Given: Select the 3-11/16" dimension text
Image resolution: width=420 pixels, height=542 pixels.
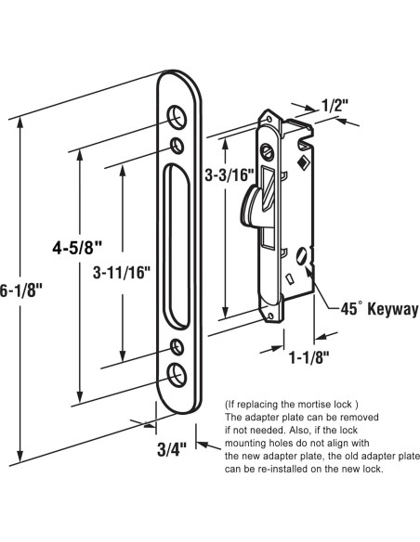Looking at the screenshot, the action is (122, 272).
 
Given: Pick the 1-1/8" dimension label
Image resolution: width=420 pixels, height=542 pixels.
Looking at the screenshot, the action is (308, 357).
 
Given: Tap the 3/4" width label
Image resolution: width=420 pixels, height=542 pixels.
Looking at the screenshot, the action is (172, 449).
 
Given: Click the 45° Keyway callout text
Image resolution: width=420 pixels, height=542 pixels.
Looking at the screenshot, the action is (380, 308).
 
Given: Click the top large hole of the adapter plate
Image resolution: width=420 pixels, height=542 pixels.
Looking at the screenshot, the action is (177, 116).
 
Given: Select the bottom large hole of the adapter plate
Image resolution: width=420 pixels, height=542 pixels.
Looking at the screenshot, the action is (177, 375).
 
